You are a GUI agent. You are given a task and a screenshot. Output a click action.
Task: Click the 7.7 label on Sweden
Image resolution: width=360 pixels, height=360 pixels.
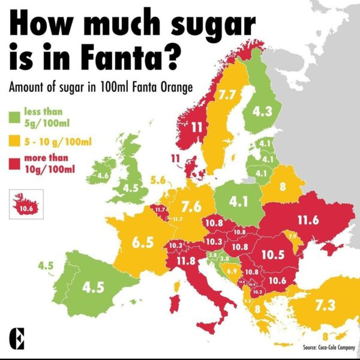point(226,94)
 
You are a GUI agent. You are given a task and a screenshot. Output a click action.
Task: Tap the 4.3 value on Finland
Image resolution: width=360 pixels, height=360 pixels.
point(263,112)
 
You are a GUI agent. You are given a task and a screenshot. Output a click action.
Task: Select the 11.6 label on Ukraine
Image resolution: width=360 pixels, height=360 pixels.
point(307,220)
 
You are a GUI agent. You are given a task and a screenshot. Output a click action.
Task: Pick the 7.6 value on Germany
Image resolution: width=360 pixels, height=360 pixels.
point(191,206)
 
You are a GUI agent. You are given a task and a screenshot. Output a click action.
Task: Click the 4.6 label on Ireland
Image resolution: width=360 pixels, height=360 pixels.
point(103,176)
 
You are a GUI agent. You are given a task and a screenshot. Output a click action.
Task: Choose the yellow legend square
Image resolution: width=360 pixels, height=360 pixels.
point(14,142)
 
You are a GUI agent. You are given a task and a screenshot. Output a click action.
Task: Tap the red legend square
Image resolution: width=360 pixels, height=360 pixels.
point(14,164)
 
